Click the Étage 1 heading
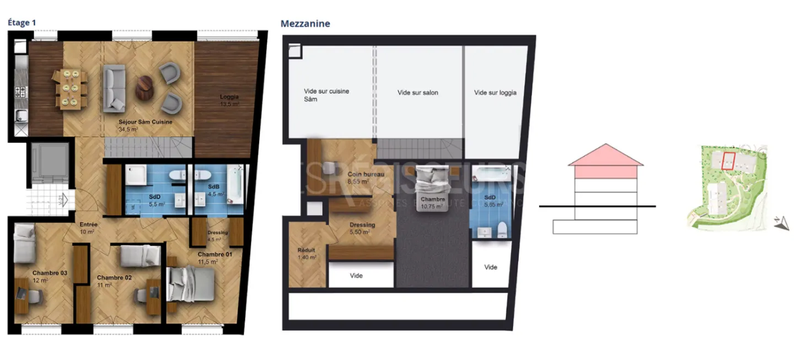click(x=22, y=23)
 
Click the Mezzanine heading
click(x=305, y=24)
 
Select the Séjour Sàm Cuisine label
click(x=145, y=125)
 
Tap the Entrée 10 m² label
click(x=88, y=228)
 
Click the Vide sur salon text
click(x=417, y=93)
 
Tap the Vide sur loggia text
click(x=495, y=93)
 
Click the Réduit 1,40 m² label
click(x=307, y=253)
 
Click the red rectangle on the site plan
click(x=728, y=161)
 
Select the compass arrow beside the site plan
click(x=780, y=223)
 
